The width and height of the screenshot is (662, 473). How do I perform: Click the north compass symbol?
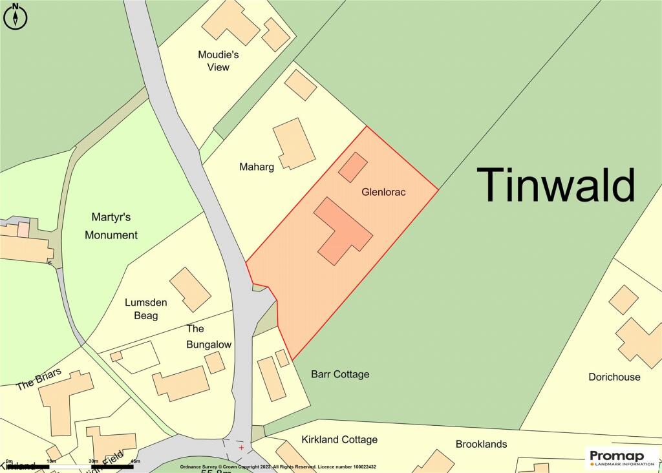[x=16, y=16]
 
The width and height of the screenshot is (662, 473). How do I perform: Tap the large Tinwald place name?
[x=556, y=185]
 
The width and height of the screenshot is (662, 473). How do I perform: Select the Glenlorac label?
[x=383, y=192]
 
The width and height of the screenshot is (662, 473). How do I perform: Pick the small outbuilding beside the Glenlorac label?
[x=352, y=167]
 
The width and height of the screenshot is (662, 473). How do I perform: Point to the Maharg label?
[x=256, y=167]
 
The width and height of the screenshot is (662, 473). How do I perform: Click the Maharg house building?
[x=294, y=143]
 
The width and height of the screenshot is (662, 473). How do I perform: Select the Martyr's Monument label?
[x=111, y=226]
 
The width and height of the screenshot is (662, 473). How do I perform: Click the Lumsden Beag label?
[x=141, y=309]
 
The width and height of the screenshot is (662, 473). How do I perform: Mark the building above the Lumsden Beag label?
[x=190, y=289]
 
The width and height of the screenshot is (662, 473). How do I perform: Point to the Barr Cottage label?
[x=340, y=374]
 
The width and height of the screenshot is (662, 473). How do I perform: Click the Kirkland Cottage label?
[x=339, y=439]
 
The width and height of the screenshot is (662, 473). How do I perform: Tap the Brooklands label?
[x=481, y=444]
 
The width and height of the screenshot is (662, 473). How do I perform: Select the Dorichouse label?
[x=614, y=377]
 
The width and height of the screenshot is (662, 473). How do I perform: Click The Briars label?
[x=39, y=379]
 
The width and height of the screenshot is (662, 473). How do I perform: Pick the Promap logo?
[x=621, y=457]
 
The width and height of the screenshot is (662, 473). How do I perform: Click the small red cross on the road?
[x=241, y=447]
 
